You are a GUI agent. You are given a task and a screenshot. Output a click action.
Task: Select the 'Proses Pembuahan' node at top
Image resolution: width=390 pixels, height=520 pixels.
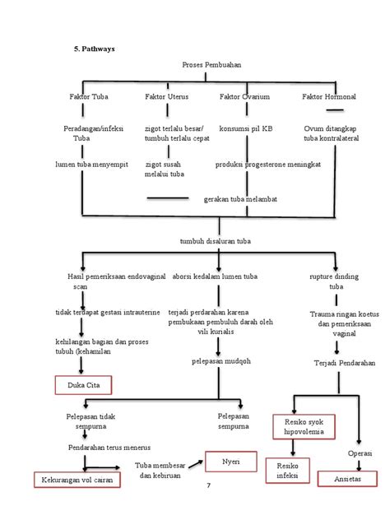coord(215,65)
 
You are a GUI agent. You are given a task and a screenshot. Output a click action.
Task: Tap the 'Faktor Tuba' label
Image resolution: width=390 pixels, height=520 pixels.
coord(89,97)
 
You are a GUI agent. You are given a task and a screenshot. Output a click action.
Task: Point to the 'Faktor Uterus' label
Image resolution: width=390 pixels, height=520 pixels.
coord(166,97)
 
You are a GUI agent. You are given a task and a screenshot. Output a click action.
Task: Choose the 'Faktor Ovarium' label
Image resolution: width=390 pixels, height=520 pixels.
coord(245,97)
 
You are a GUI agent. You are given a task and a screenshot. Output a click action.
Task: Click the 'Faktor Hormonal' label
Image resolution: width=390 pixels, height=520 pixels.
coord(328,97)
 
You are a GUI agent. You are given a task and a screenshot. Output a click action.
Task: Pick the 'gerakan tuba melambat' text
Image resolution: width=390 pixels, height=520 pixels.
coord(239,199)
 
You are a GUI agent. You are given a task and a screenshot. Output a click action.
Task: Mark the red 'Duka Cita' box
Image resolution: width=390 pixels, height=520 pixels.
coord(81,384)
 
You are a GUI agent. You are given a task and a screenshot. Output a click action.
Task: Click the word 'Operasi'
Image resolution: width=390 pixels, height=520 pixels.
coord(359,453)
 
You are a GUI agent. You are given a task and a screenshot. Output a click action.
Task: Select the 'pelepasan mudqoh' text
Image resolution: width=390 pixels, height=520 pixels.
coord(216,360)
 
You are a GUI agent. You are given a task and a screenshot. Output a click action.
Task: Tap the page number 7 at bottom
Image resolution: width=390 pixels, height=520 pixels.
coord(208,485)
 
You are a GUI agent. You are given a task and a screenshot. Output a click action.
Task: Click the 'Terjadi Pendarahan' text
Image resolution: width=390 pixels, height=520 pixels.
coord(344,362)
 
